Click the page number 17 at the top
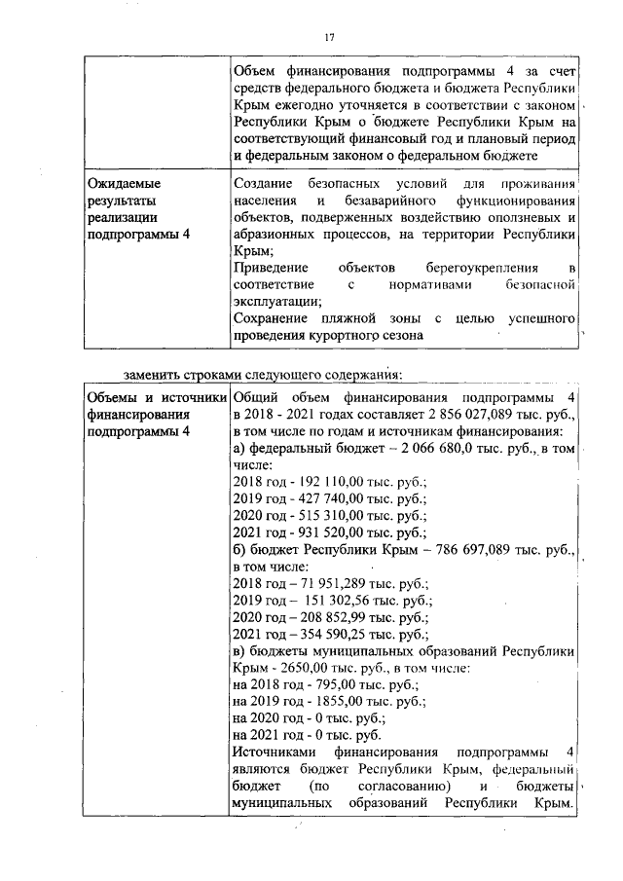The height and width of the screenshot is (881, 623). pyautogui.click(x=329, y=37)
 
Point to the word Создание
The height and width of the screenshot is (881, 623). pyautogui.click(x=269, y=183)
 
